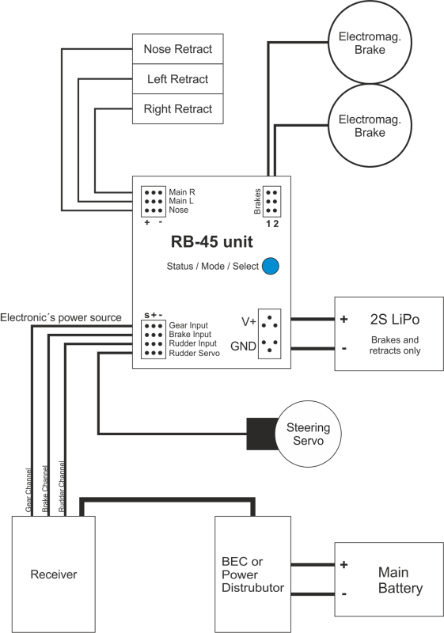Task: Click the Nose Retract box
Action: coord(177,49)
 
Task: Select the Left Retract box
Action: coord(177,78)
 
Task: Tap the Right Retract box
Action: coord(177,109)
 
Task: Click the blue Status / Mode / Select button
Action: coord(271,266)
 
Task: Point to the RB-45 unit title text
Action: coord(212,242)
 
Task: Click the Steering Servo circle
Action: coord(308,434)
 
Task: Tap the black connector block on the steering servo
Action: coord(261,434)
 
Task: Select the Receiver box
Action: coord(54,574)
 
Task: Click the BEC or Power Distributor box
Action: coord(252,574)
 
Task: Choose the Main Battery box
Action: coord(389,579)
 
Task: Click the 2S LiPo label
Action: coord(395,320)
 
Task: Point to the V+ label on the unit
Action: coord(249,322)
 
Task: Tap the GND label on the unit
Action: coord(244,347)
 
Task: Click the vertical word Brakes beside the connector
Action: coord(257,202)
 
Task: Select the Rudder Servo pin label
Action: coord(194,353)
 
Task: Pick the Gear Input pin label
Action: coord(188,325)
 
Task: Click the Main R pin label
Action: coord(182,192)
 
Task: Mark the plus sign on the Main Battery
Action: coord(344,564)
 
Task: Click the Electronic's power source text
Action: coord(60,318)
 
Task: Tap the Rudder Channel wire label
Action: coord(62,487)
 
